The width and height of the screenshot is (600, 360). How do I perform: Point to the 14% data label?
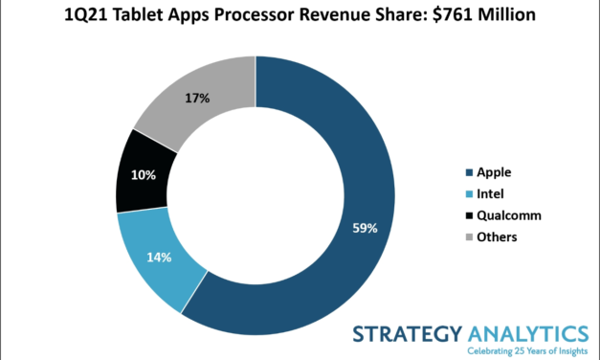tap(158, 257)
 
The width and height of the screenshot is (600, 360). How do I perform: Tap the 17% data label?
tap(197, 99)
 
